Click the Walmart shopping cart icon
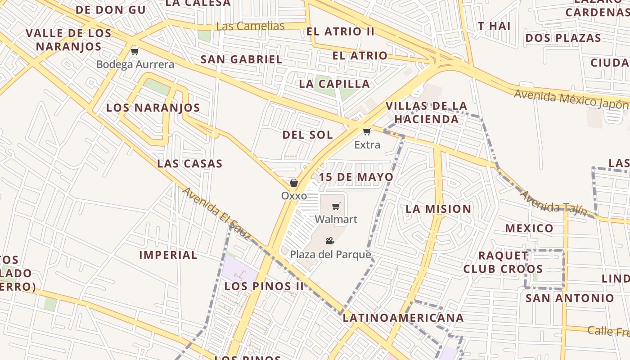tap(336, 207)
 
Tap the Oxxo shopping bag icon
tap(294, 183)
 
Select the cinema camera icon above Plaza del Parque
tap(330, 241)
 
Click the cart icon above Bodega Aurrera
tap(135, 51)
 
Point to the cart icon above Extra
tap(367, 132)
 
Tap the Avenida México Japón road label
tap(571, 99)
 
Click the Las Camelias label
tap(250, 26)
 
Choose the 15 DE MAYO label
tap(356, 177)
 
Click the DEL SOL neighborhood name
tap(308, 135)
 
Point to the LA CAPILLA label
tap(334, 84)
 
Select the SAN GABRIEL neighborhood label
tap(241, 59)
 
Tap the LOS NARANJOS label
tap(153, 108)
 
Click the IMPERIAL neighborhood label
tap(168, 255)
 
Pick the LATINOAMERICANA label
tap(403, 318)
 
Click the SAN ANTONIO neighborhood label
tap(570, 298)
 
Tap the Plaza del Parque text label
tap(330, 255)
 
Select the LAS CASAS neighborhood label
tap(189, 163)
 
